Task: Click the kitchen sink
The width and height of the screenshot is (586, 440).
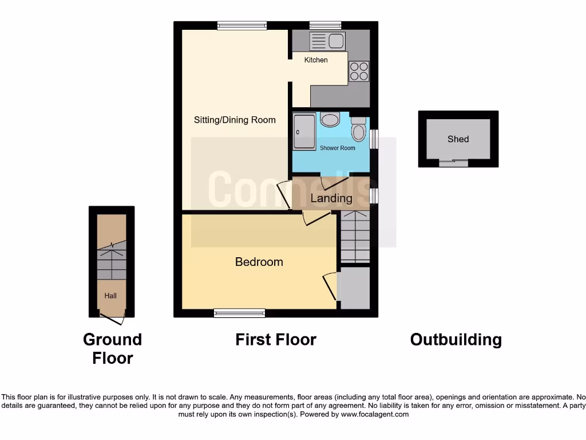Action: (x=327, y=41)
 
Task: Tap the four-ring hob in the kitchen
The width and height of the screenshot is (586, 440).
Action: (x=359, y=71)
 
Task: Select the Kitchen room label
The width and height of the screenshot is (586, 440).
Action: (x=316, y=60)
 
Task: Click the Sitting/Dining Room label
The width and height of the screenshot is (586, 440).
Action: (x=235, y=120)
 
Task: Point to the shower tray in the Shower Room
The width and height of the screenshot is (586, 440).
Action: (x=304, y=132)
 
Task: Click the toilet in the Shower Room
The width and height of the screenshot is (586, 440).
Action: (x=359, y=129)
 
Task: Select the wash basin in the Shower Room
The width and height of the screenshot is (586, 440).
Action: (x=330, y=119)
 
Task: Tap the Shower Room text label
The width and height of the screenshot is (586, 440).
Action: (x=337, y=148)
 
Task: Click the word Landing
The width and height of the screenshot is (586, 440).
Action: (x=331, y=198)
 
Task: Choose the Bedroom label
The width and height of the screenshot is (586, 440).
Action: (x=259, y=262)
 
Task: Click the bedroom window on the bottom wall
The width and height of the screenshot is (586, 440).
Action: (x=240, y=313)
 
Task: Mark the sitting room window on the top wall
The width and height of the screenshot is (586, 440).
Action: (x=241, y=25)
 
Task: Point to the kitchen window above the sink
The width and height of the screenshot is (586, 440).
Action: (x=325, y=25)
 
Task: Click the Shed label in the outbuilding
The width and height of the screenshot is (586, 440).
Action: (x=458, y=139)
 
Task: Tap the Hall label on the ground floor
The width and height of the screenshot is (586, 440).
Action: (x=110, y=296)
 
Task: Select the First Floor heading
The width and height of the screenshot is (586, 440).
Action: (x=275, y=340)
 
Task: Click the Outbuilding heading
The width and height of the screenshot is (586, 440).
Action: (x=456, y=340)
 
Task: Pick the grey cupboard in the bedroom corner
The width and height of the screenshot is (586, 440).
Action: (x=355, y=288)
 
